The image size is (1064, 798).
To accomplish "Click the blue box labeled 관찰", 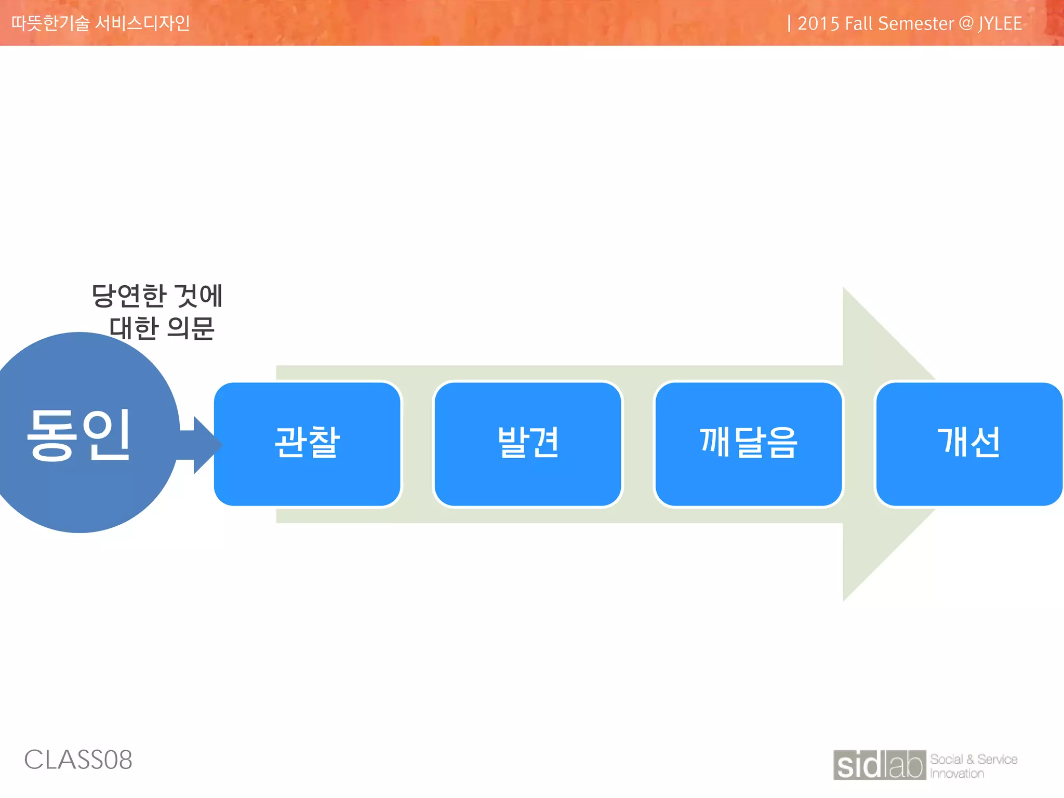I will [x=308, y=444].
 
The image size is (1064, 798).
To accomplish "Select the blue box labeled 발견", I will [x=528, y=444].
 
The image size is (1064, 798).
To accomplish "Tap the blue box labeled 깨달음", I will [x=749, y=444].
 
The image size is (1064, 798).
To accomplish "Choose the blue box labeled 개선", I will [x=969, y=444].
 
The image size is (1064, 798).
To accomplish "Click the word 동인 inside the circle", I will [x=79, y=434].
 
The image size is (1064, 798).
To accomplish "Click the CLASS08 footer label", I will [x=78, y=760].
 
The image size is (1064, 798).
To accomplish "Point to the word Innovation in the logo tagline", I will [x=957, y=774].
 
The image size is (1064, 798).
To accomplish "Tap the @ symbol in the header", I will [x=966, y=24].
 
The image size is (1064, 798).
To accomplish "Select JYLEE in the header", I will [x=1000, y=24].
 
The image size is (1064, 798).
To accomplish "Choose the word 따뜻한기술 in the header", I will [x=50, y=23].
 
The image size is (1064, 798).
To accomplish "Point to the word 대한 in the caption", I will [x=134, y=328].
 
